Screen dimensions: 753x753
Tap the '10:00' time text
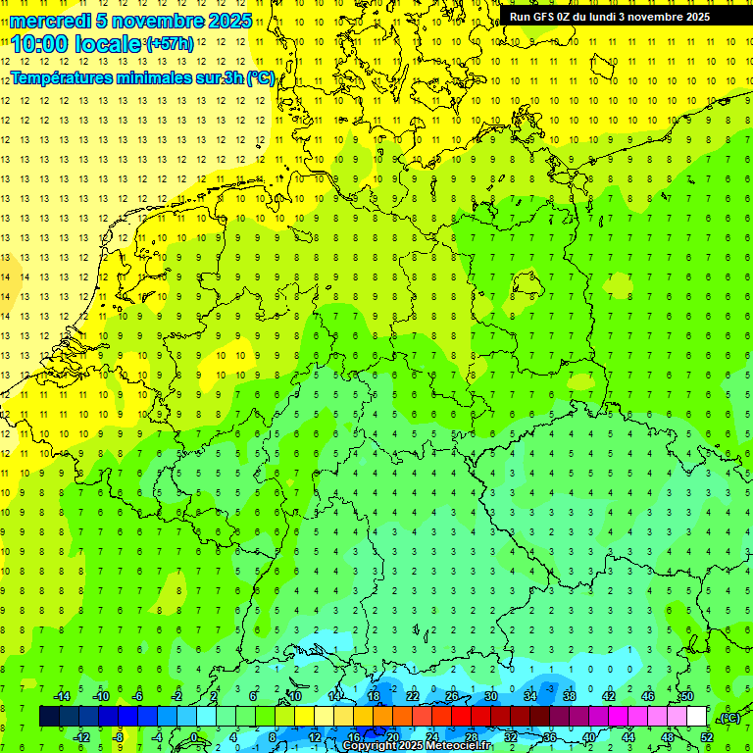point(40,44)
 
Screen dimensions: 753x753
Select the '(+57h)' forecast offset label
point(169,44)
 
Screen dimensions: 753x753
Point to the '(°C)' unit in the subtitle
point(260,78)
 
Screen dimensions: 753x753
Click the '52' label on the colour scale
point(707,737)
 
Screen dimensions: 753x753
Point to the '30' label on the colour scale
point(491,696)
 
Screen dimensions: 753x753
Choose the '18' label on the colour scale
point(374,696)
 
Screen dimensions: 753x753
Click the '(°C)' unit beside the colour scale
point(729,718)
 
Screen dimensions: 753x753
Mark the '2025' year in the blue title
point(229,21)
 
